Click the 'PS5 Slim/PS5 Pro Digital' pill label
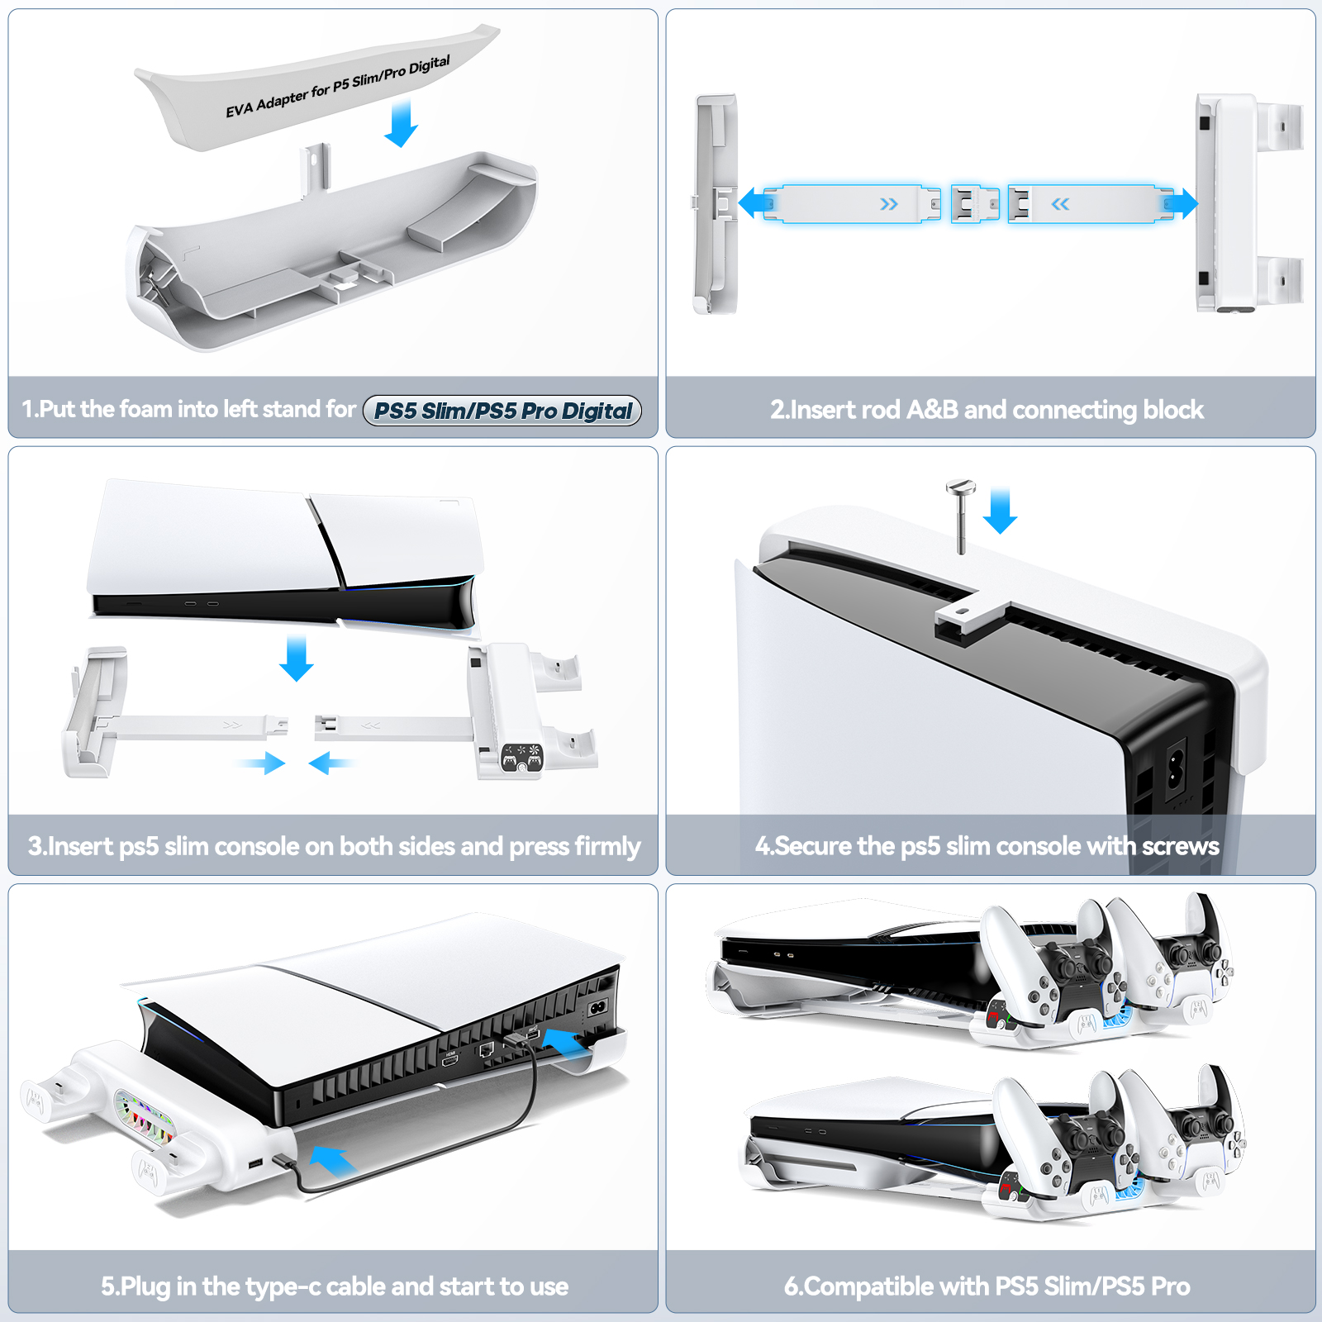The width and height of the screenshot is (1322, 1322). pyautogui.click(x=502, y=411)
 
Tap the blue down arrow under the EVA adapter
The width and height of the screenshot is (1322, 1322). pyautogui.click(x=402, y=123)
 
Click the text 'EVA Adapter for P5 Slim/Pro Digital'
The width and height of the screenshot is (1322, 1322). pyautogui.click(x=338, y=87)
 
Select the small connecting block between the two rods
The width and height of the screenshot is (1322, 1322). pyautogui.click(x=975, y=204)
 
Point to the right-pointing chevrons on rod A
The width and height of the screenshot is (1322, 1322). pyautogui.click(x=889, y=204)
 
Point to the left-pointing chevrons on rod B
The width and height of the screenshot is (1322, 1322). pyautogui.click(x=1060, y=204)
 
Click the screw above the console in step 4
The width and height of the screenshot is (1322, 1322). pyautogui.click(x=960, y=516)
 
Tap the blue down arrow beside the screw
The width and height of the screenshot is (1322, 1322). pyautogui.click(x=1000, y=511)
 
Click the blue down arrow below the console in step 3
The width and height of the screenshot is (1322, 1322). pyautogui.click(x=296, y=658)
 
